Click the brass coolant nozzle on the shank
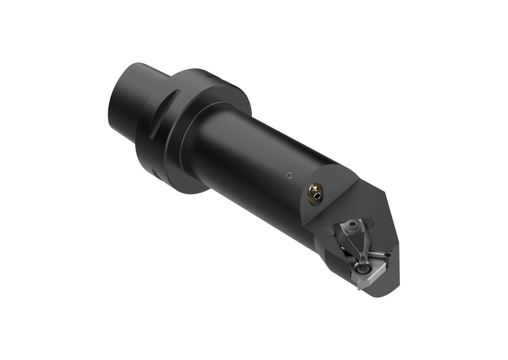(315, 193)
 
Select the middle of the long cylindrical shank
(258, 169)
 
